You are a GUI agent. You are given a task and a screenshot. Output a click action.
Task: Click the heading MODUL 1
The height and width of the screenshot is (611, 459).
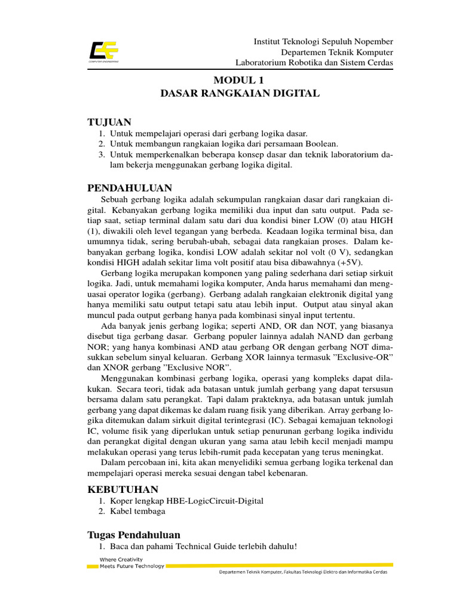click(238, 80)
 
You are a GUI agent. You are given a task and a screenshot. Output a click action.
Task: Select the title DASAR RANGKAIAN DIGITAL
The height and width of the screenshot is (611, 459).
click(240, 93)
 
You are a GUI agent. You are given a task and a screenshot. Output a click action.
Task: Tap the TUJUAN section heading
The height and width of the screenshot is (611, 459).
click(109, 122)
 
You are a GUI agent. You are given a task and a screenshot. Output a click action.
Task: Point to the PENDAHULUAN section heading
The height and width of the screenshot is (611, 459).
click(130, 187)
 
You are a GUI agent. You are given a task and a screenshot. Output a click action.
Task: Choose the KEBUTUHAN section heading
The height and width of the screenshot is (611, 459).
click(123, 489)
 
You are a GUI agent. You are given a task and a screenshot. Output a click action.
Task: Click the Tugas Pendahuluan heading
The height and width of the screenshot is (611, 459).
click(134, 534)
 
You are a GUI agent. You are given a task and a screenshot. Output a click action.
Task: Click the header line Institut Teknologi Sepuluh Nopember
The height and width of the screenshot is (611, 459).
click(323, 42)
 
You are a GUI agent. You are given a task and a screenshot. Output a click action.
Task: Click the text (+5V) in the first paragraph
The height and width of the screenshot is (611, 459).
click(354, 263)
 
